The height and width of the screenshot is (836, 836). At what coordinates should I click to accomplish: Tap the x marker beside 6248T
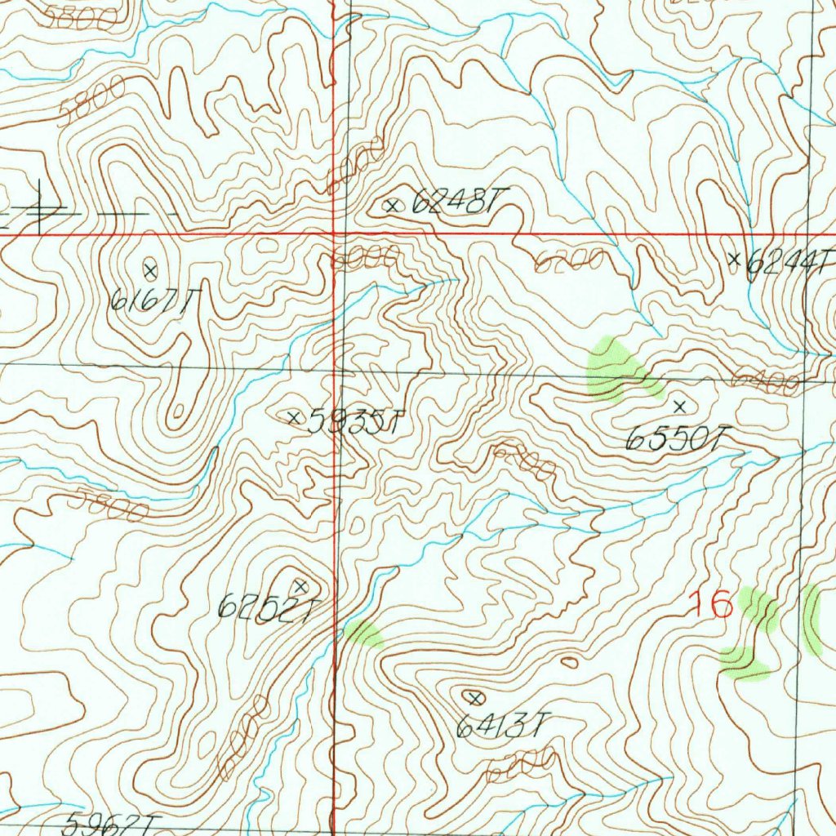pos(393,206)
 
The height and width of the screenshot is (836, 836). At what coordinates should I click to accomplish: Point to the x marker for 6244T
pos(734,260)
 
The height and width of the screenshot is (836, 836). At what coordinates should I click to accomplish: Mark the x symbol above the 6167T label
pos(150,269)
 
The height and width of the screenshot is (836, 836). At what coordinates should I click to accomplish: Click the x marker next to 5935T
pos(295,417)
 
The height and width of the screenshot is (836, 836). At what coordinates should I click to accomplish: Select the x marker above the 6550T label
pos(680,405)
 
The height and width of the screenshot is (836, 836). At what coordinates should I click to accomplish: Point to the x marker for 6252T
pos(300,585)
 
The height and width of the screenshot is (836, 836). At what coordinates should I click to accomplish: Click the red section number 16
pos(710,605)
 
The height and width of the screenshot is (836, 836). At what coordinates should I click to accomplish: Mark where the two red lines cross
pos(334,234)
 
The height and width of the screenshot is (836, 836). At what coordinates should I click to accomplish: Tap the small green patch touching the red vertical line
pos(362,634)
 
